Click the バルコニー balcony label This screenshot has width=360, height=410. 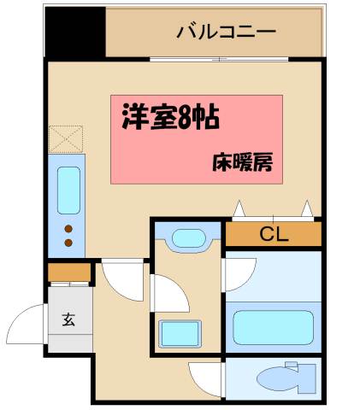click(x=226, y=33)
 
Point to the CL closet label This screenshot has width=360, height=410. click(x=273, y=233)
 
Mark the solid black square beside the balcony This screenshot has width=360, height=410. click(x=74, y=33)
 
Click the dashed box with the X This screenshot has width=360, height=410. click(x=65, y=139)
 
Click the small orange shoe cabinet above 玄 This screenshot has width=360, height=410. click(x=69, y=272)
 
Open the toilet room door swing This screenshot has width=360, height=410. click(x=205, y=377)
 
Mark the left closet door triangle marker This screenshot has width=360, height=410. click(x=241, y=208)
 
